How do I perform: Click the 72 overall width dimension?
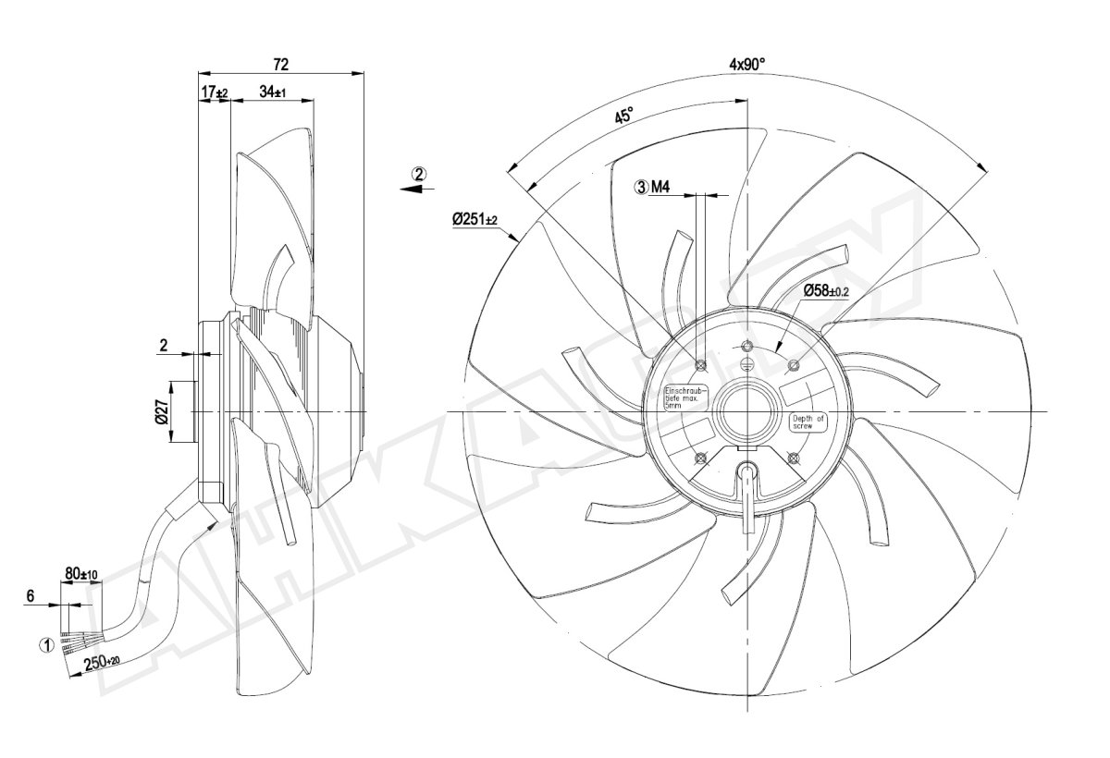click(281, 64)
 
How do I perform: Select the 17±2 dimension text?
click(215, 92)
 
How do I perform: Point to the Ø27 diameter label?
click(161, 411)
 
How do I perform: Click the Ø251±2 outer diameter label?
click(475, 220)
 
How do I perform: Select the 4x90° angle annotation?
click(746, 65)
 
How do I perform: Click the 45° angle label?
click(624, 116)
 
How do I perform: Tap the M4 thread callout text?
click(660, 188)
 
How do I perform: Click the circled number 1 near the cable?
click(44, 644)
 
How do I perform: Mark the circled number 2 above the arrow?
click(420, 173)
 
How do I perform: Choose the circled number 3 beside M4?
click(640, 188)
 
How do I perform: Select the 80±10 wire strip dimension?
click(82, 574)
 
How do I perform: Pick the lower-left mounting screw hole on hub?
click(700, 457)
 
